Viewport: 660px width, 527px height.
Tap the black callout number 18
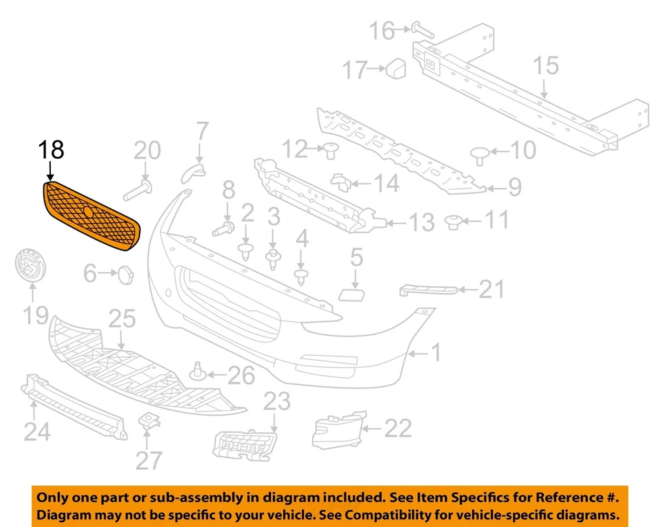(x=51, y=150)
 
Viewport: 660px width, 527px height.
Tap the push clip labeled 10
(x=479, y=153)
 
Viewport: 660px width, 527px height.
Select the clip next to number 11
(x=452, y=222)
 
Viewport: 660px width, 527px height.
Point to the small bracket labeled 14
(x=342, y=182)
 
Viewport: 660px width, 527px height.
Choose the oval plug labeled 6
(x=123, y=276)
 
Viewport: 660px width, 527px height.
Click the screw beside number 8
(x=223, y=227)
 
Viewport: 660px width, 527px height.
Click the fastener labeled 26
(x=199, y=372)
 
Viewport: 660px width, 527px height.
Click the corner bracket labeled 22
(x=338, y=428)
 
